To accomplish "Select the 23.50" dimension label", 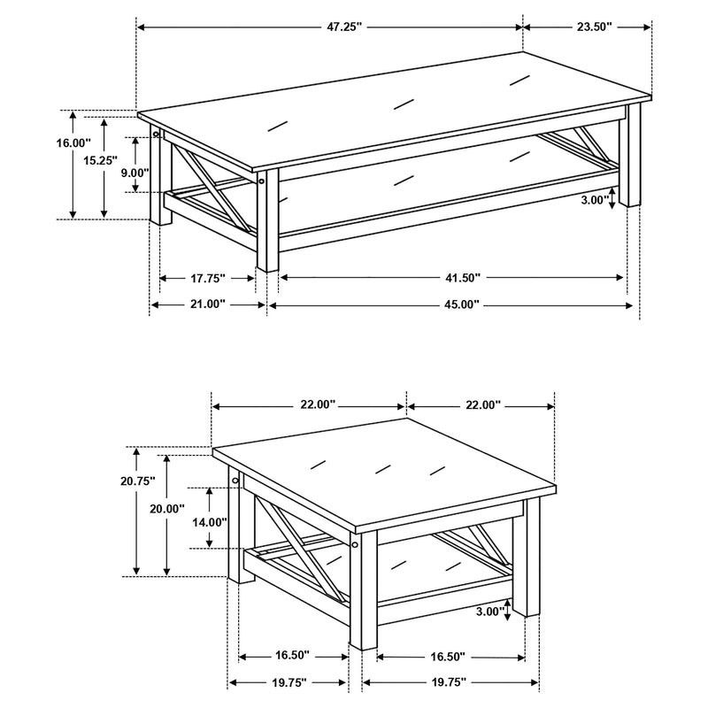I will (595, 27).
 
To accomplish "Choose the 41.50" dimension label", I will (462, 279).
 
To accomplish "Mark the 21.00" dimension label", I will (208, 304).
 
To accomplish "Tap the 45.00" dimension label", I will (462, 304).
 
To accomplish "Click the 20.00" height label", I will (167, 509).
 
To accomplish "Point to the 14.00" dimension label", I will (210, 522).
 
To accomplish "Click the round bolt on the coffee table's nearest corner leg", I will (262, 182).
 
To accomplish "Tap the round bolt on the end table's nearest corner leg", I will (355, 546).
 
